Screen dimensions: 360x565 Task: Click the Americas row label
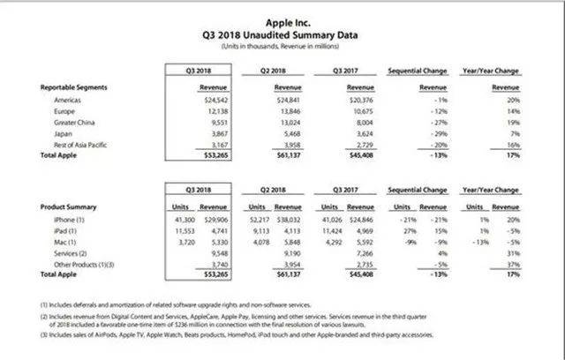[69, 102]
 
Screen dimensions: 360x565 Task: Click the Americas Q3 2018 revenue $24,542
[200, 102]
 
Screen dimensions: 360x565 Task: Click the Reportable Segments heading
[75, 88]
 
